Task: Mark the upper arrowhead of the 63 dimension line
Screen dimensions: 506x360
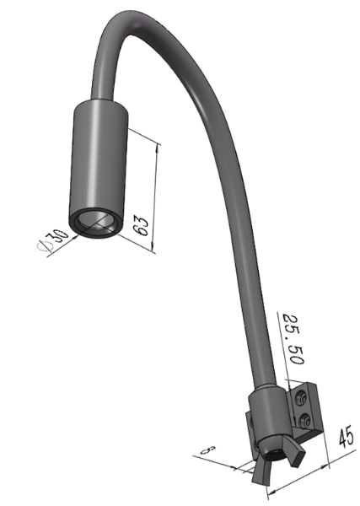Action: [158, 145]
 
